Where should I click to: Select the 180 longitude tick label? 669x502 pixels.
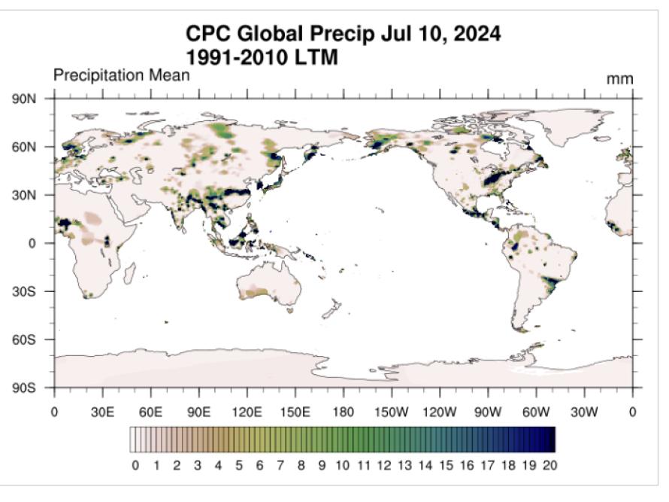tap(344, 412)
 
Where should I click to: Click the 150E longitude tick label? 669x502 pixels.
tap(295, 412)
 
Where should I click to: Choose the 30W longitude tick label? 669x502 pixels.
tap(584, 412)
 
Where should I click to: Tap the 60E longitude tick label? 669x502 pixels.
tap(150, 412)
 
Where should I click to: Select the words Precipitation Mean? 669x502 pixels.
tap(121, 76)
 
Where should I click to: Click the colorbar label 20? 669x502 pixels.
tap(549, 466)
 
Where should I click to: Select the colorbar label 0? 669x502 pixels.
tap(135, 466)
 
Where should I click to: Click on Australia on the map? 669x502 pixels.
tap(267, 290)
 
